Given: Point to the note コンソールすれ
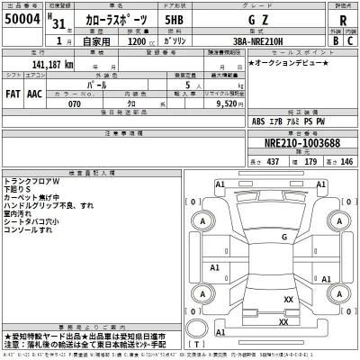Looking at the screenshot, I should tap(40, 230).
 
